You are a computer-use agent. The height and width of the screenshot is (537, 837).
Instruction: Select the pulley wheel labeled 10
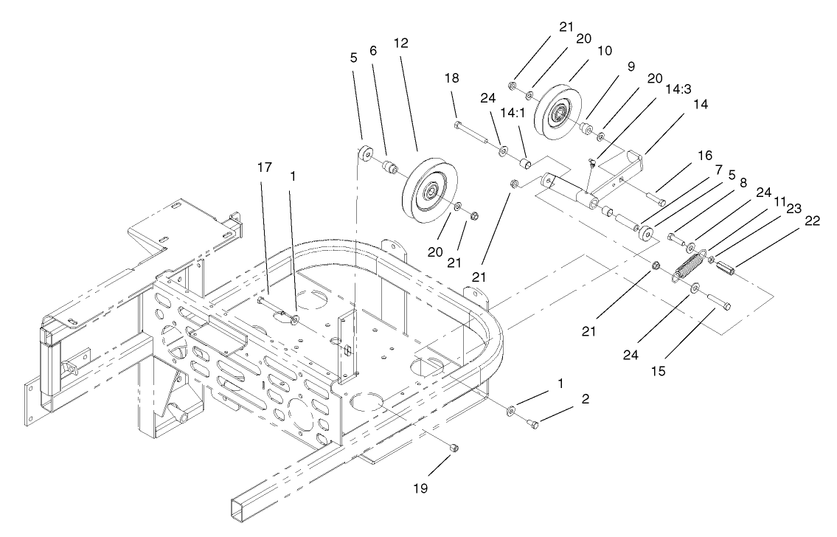[x=560, y=113]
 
